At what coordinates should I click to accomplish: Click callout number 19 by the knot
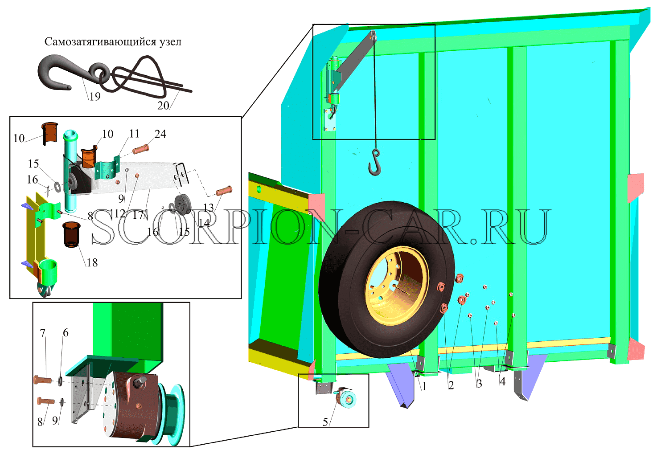(x=95, y=97)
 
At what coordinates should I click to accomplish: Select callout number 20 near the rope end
(x=163, y=106)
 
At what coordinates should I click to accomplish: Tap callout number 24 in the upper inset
(x=160, y=134)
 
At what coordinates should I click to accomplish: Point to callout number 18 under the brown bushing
(x=92, y=262)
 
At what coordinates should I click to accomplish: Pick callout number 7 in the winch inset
(x=43, y=333)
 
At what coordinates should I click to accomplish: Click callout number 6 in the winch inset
(x=66, y=333)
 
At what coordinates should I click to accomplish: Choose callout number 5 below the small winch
(x=325, y=422)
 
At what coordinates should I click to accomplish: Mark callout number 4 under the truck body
(x=502, y=382)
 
